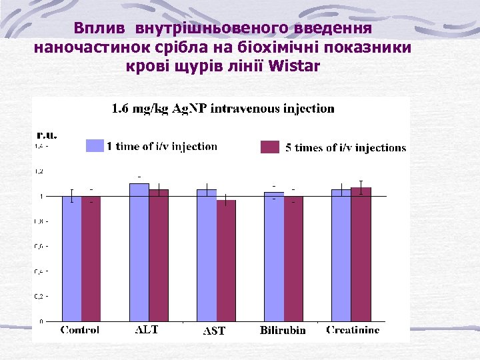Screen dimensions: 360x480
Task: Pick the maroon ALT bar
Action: pos(159,255)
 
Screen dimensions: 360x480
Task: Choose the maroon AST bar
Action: pos(226,261)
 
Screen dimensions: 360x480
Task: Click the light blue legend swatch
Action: pos(95,146)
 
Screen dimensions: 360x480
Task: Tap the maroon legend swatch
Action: pos(269,147)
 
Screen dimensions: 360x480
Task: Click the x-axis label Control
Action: pos(81,329)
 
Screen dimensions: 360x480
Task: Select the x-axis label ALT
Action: pos(147,329)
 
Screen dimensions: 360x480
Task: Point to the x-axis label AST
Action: pos(214,331)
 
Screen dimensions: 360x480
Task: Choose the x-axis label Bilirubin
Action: pos(283,330)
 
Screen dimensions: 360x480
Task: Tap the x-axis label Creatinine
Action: pos(353,329)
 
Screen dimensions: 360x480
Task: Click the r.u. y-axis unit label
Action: pos(46,134)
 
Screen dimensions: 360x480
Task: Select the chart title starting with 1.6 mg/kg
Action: pos(223,108)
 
